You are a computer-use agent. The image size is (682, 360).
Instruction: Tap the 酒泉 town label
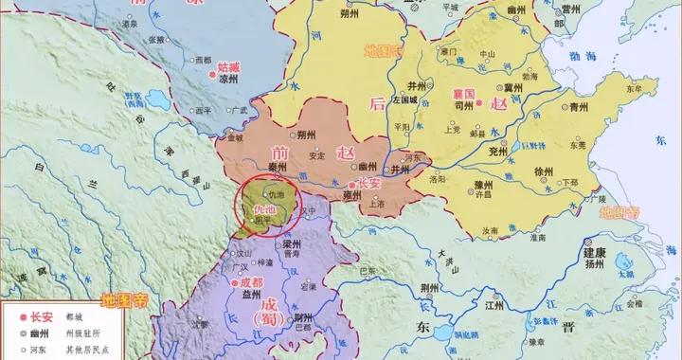(x=142, y=43)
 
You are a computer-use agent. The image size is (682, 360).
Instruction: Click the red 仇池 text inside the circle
(x=255, y=209)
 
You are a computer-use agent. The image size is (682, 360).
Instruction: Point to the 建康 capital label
(x=595, y=253)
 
